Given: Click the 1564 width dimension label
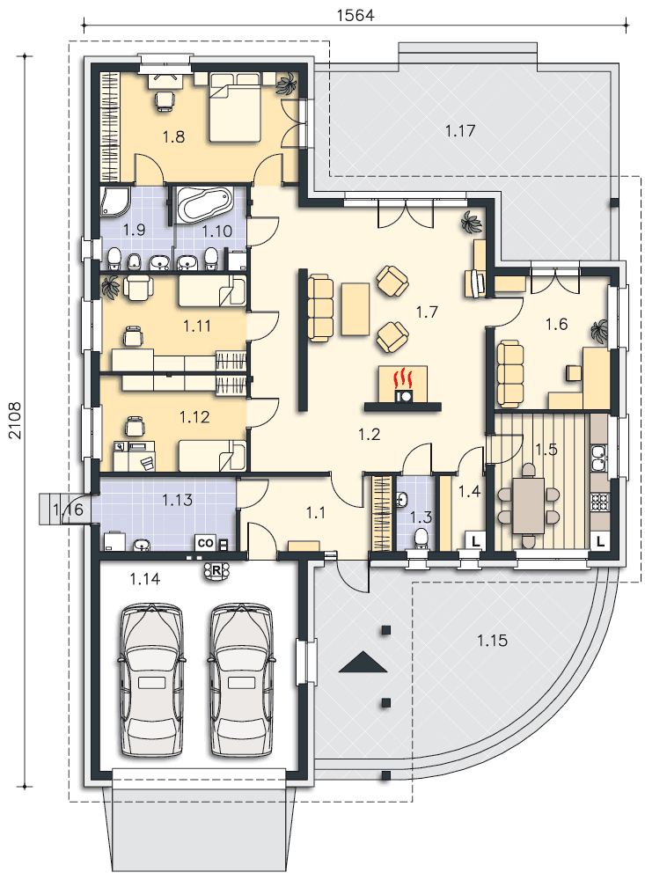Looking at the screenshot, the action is pyautogui.click(x=355, y=15).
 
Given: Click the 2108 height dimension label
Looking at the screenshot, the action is pyautogui.click(x=15, y=421).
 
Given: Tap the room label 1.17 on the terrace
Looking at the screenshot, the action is pyautogui.click(x=459, y=131).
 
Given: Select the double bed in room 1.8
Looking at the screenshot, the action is pyautogui.click(x=235, y=106).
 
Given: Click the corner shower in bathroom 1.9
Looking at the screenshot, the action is pyautogui.click(x=115, y=202).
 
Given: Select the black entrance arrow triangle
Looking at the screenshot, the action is pyautogui.click(x=363, y=662).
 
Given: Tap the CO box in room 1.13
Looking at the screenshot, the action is pyautogui.click(x=205, y=543).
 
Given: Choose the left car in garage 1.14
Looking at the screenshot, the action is pyautogui.click(x=151, y=680).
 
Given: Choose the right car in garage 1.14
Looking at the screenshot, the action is pyautogui.click(x=242, y=680).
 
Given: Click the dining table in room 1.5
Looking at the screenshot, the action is pyautogui.click(x=528, y=505).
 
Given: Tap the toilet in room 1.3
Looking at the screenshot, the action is pyautogui.click(x=420, y=537).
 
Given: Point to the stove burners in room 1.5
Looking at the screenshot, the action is pyautogui.click(x=599, y=502).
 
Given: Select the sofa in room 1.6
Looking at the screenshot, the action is pyautogui.click(x=510, y=372).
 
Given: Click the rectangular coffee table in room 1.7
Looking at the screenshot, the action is pyautogui.click(x=355, y=309).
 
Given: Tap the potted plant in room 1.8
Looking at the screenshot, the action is pyautogui.click(x=286, y=84).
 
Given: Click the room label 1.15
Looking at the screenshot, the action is pyautogui.click(x=492, y=641).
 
